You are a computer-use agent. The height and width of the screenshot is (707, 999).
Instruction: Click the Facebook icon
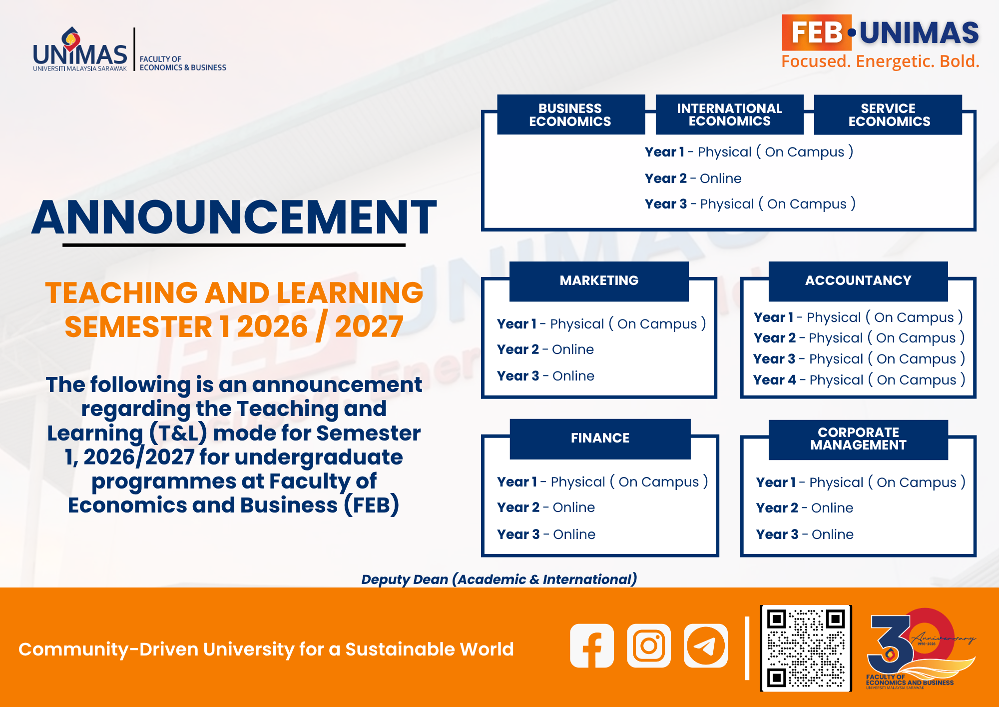pyautogui.click(x=592, y=645)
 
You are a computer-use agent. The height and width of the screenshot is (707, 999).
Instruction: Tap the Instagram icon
pyautogui.click(x=649, y=645)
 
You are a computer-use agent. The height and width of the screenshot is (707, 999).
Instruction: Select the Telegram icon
pyautogui.click(x=706, y=645)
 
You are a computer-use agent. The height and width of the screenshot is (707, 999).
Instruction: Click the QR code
pyautogui.click(x=806, y=648)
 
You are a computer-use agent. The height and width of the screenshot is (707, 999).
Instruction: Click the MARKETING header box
pyautogui.click(x=599, y=281)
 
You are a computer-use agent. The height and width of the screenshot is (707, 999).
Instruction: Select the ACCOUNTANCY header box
pyautogui.click(x=858, y=281)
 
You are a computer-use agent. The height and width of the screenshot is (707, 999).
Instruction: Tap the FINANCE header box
pyautogui.click(x=600, y=438)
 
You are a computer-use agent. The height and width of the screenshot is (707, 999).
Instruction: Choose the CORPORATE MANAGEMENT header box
pyautogui.click(x=858, y=439)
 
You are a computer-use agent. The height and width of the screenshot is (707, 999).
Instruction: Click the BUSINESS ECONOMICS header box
pyautogui.click(x=570, y=114)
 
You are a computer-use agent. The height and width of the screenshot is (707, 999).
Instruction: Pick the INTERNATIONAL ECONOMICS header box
pyautogui.click(x=729, y=114)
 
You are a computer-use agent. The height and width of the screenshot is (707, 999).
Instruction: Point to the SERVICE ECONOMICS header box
pyautogui.click(x=888, y=114)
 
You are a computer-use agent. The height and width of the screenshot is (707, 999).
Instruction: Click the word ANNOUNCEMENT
pyautogui.click(x=234, y=217)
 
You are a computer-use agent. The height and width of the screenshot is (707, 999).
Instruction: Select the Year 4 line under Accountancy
pyautogui.click(x=859, y=380)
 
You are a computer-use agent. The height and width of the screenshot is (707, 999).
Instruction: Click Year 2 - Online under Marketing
pyautogui.click(x=545, y=349)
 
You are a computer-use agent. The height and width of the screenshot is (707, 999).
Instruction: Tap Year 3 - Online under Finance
pyautogui.click(x=546, y=534)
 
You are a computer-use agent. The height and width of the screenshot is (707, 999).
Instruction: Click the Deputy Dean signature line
pyautogui.click(x=499, y=579)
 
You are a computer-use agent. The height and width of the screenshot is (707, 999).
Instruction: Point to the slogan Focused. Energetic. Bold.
pyautogui.click(x=880, y=61)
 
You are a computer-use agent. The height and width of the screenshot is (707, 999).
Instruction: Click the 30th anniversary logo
pyautogui.click(x=920, y=648)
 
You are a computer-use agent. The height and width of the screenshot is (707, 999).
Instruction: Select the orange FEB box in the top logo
pyautogui.click(x=817, y=32)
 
